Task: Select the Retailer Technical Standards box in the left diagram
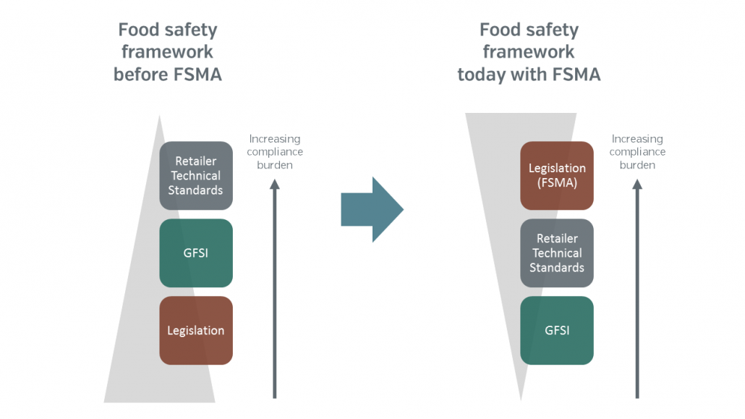[196, 175]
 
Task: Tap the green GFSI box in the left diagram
[196, 253]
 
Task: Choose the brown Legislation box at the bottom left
[196, 330]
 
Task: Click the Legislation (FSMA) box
[557, 175]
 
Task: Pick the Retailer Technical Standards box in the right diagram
[557, 253]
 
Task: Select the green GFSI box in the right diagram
[557, 330]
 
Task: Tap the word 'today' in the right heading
[485, 74]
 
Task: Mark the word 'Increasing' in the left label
[274, 139]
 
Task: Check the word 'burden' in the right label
[637, 165]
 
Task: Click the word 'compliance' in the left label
[274, 152]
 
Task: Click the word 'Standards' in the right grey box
[557, 268]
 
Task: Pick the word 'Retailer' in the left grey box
[196, 161]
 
